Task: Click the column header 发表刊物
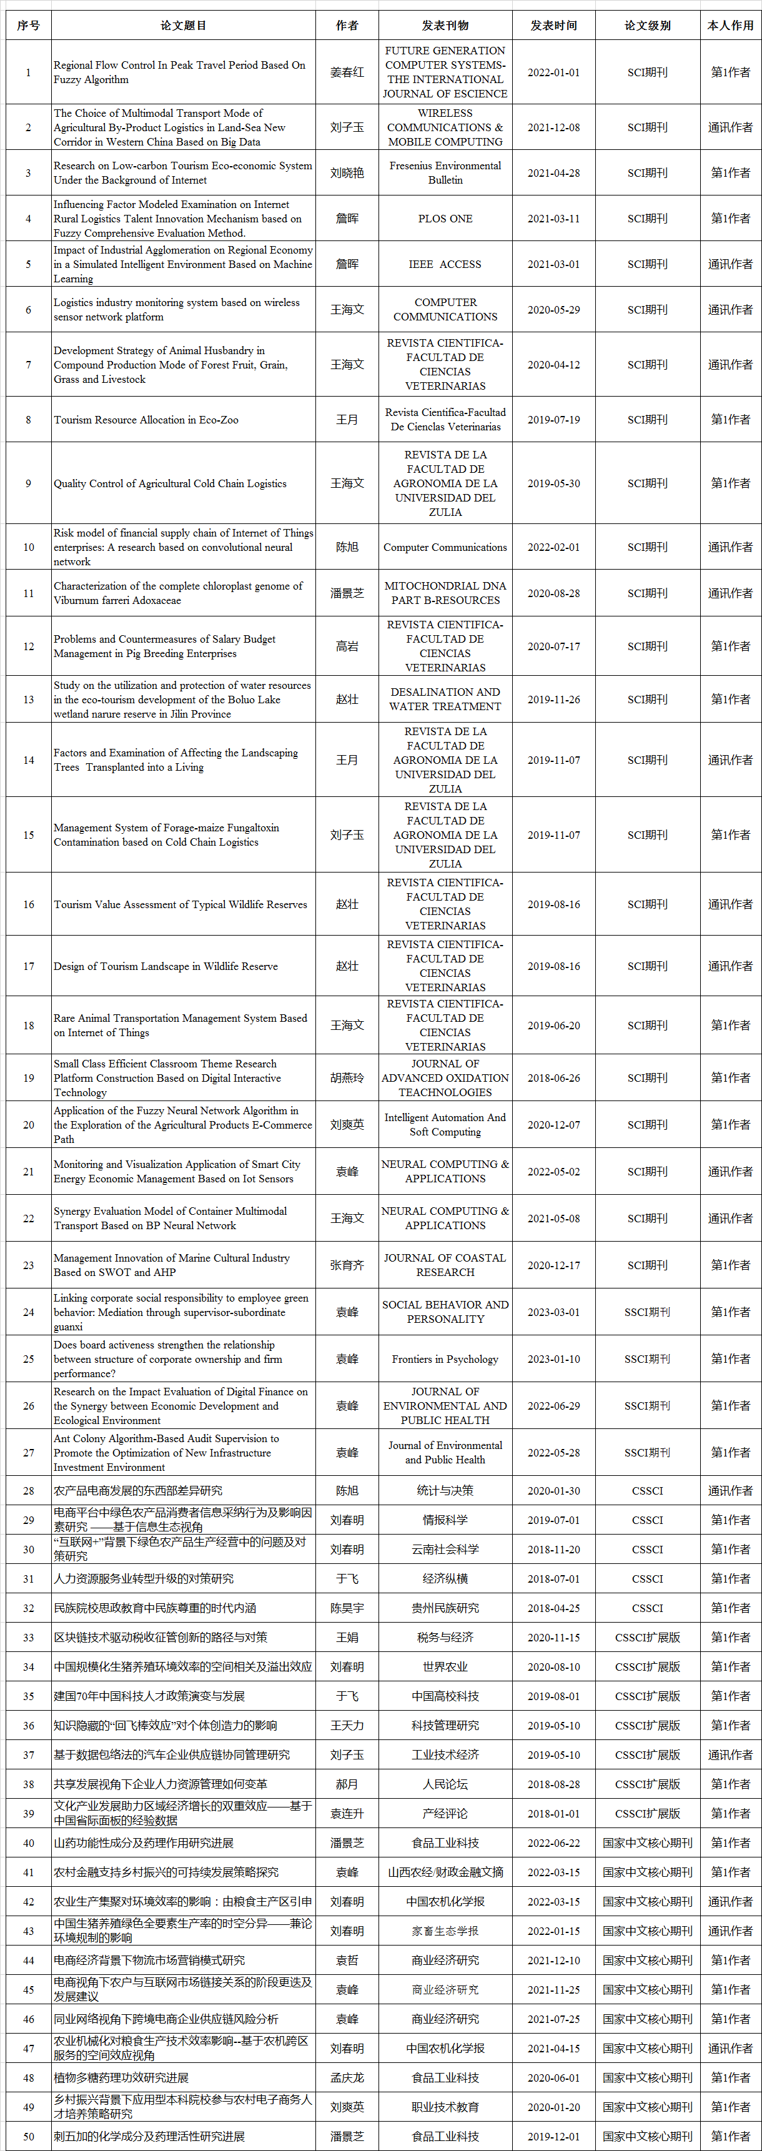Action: (445, 25)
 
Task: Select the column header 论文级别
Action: (647, 25)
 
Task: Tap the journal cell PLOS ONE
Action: (445, 219)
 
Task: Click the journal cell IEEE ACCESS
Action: (445, 264)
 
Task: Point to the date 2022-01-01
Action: (553, 72)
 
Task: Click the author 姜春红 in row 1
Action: (347, 72)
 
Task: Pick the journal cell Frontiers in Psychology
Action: (445, 1358)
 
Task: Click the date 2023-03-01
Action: (553, 1312)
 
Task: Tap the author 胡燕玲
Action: (347, 1078)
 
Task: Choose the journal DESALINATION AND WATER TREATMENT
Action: (445, 699)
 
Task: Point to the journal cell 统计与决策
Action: (445, 1490)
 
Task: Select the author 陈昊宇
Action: (347, 1608)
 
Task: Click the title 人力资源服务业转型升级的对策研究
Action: (144, 1578)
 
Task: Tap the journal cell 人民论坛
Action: (445, 1784)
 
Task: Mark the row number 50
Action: (28, 2136)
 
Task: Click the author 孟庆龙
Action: (347, 2077)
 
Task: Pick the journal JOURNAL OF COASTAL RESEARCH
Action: (445, 1265)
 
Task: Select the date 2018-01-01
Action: (553, 1814)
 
